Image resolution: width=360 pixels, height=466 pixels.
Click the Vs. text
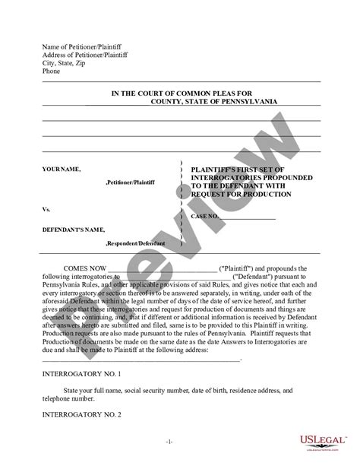[47, 208]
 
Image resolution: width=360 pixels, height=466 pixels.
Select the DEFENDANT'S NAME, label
[74, 229]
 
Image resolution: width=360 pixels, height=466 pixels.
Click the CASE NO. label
[205, 217]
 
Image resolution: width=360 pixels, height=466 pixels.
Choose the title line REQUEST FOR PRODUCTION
[242, 194]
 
